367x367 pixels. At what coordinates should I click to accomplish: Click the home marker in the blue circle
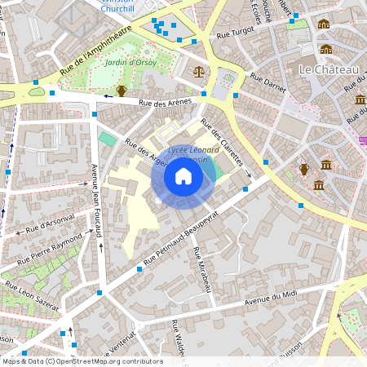[x=183, y=176]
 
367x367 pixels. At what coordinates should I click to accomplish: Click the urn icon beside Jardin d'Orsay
[x=122, y=91]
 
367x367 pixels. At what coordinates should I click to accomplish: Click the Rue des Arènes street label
[x=166, y=103]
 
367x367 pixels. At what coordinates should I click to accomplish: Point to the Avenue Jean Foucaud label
[x=97, y=201]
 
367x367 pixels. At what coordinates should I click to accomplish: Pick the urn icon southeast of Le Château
[x=304, y=169]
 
